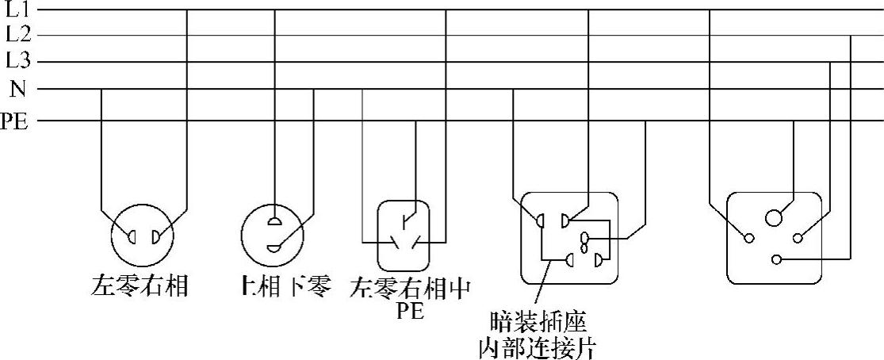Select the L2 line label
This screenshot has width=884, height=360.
coord(17,35)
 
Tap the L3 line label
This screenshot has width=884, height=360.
coord(17,60)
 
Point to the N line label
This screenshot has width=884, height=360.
coord(17,88)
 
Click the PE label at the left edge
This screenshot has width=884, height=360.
coord(13,121)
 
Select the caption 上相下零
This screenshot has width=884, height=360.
coord(285,285)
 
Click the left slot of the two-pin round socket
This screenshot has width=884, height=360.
coord(132,236)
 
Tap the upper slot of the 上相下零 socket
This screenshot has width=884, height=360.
coord(274,223)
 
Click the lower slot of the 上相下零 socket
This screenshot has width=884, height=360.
coord(274,247)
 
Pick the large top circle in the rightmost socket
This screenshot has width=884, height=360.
coord(774,217)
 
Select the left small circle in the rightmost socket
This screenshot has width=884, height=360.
coord(748,237)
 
